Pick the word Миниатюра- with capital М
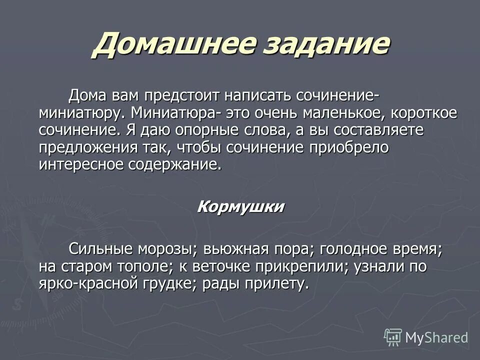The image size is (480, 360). [174, 112]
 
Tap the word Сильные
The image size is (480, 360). [102, 248]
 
